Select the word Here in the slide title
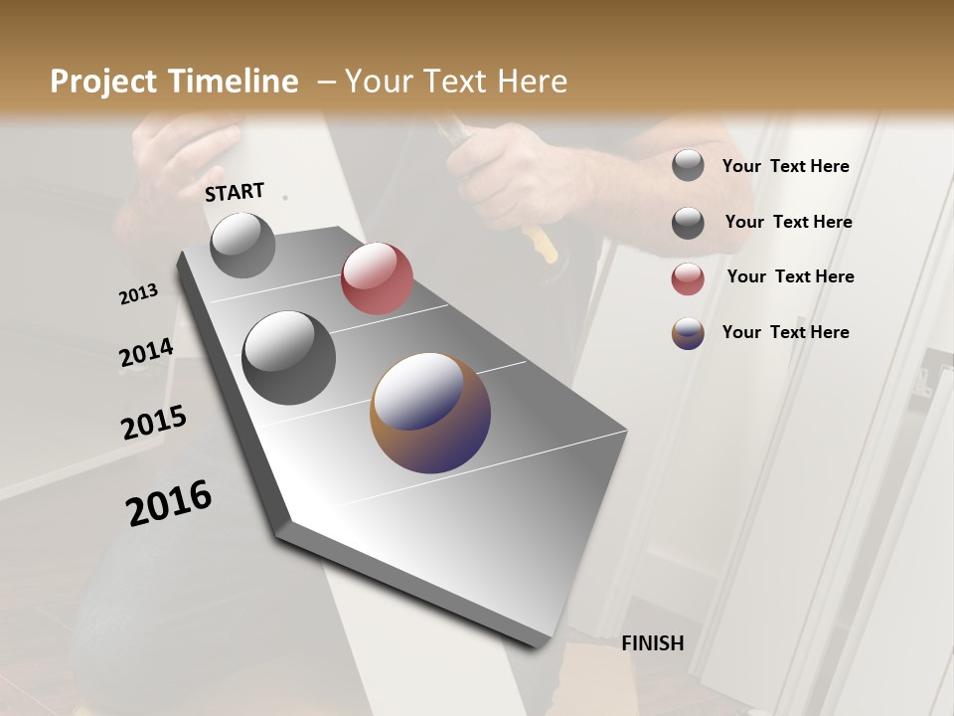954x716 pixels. [x=532, y=82]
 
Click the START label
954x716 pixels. [x=235, y=192]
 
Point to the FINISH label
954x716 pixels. [x=652, y=643]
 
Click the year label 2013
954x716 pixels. [x=139, y=294]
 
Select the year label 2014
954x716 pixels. [x=146, y=353]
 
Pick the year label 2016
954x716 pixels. [x=169, y=502]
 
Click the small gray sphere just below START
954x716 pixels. [x=242, y=245]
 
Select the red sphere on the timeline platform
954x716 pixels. [x=377, y=278]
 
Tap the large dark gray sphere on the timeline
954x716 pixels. [x=288, y=358]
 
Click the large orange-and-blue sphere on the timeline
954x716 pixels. [x=430, y=413]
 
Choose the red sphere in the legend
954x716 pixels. [x=688, y=278]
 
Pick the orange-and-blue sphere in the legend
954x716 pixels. [x=688, y=333]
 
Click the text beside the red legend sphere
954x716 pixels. [x=790, y=276]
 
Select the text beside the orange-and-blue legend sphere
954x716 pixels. [x=785, y=332]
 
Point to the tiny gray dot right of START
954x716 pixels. [x=286, y=198]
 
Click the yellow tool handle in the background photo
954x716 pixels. [x=541, y=244]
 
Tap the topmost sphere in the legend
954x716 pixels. [x=688, y=165]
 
